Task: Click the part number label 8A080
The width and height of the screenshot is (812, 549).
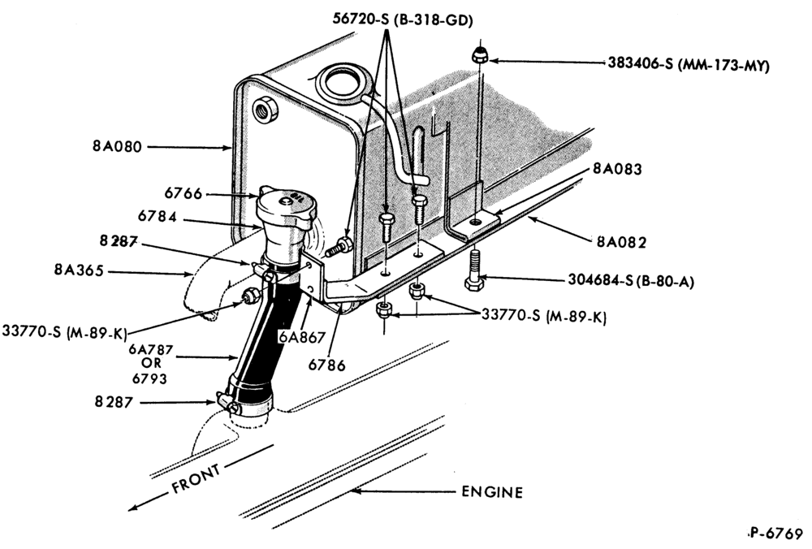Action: tap(117, 146)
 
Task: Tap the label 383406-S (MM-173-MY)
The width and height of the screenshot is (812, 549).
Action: tap(689, 65)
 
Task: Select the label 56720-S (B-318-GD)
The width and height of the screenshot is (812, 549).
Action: tap(403, 19)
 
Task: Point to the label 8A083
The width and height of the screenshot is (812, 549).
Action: tap(617, 169)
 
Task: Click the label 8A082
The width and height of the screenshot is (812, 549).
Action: tap(621, 242)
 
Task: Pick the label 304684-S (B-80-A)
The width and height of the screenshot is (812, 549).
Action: tap(631, 280)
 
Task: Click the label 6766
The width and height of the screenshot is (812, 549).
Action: tap(184, 193)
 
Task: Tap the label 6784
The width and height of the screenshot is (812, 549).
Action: tap(158, 217)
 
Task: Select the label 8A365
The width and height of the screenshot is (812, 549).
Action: tap(79, 270)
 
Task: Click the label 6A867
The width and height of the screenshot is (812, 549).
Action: tap(302, 337)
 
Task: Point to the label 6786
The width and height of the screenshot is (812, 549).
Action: tap(326, 365)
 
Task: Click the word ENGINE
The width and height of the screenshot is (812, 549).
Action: tap(492, 491)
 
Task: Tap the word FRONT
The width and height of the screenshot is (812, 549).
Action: tap(196, 478)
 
